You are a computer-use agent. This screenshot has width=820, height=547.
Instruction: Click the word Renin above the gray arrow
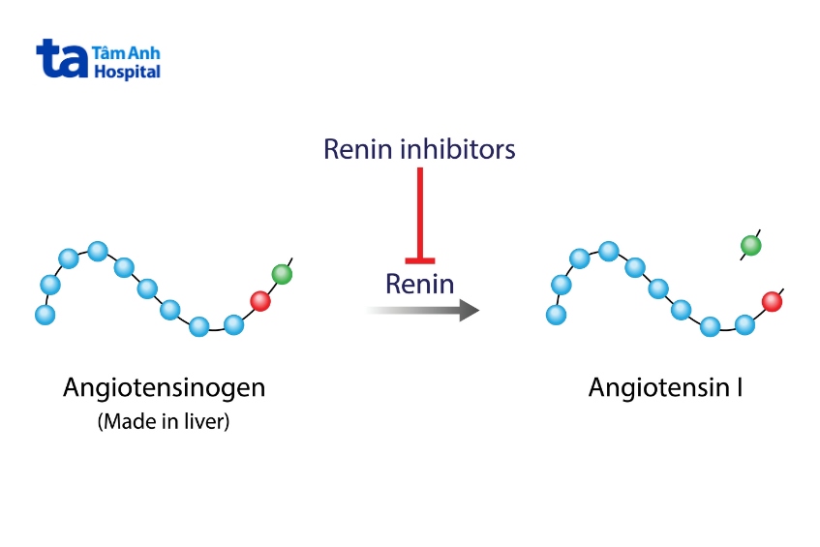point(419,284)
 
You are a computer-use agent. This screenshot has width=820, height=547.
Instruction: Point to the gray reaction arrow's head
point(469,310)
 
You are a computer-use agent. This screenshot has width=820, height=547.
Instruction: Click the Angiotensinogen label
point(164,388)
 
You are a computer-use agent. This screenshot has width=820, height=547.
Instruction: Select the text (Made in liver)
point(164,422)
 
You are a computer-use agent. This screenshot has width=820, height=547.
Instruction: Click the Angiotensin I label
point(665,388)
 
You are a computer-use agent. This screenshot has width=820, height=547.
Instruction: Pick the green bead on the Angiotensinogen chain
point(282,274)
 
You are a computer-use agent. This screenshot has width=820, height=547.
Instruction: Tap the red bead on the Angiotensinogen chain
point(259,301)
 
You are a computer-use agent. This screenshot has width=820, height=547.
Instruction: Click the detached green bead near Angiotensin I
point(750,246)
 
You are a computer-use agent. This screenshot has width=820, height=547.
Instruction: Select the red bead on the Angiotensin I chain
point(772,301)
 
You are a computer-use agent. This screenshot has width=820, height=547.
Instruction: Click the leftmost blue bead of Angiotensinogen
point(44,315)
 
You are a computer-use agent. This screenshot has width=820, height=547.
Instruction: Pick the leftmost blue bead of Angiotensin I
point(556,315)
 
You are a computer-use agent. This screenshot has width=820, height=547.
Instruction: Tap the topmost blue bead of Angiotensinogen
point(97,252)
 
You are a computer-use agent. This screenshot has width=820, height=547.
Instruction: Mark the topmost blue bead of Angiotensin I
point(609,252)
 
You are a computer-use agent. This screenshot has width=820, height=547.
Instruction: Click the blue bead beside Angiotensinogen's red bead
point(232,324)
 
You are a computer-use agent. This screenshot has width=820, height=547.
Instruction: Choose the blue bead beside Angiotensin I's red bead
point(744,324)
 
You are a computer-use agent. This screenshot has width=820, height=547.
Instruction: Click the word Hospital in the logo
point(126,73)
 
